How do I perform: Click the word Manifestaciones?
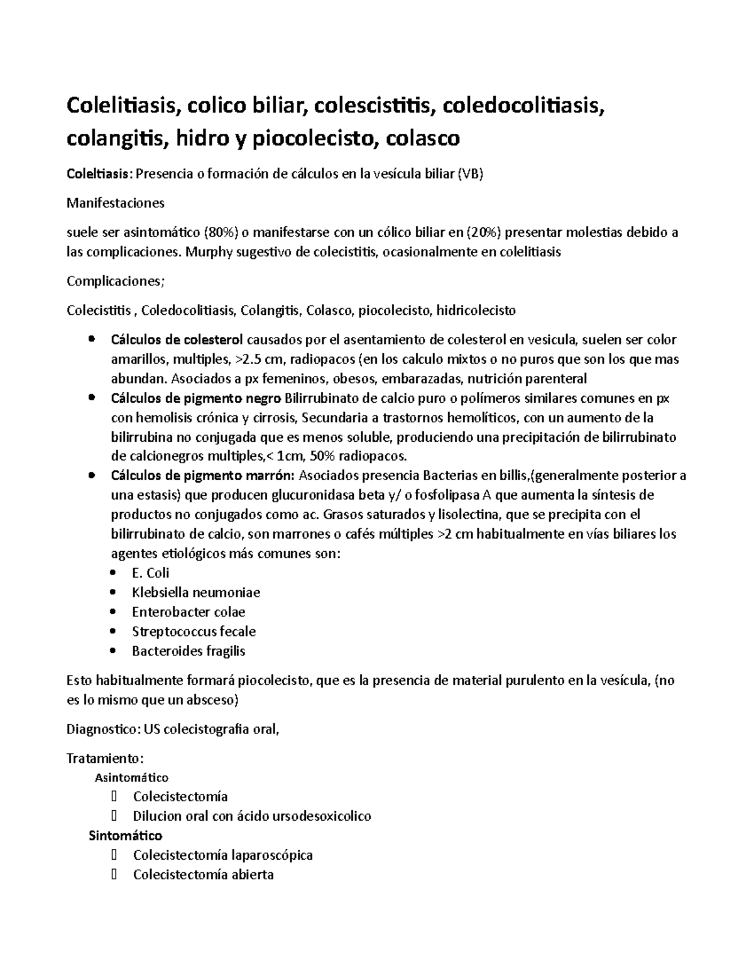116,203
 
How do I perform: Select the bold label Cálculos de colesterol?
177,340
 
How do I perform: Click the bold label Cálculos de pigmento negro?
196,398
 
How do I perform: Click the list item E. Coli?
150,573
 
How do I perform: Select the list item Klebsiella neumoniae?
195,592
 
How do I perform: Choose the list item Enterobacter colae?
188,611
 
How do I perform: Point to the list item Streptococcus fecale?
194,631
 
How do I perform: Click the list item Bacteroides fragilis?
188,650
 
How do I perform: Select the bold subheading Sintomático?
125,835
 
